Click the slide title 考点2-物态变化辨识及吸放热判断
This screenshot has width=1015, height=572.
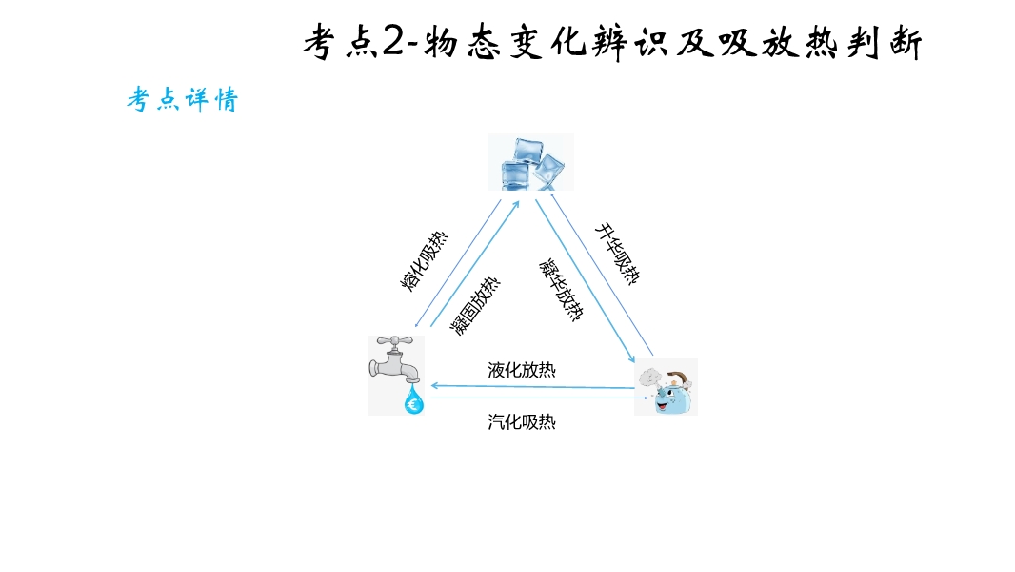click(x=612, y=43)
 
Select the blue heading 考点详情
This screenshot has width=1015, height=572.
click(x=183, y=100)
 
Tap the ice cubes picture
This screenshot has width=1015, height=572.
click(x=530, y=162)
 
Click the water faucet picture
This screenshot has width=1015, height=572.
click(x=396, y=375)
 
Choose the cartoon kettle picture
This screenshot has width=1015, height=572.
click(x=667, y=387)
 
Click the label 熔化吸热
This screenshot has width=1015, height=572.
click(x=424, y=260)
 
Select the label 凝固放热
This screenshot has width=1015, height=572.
click(x=475, y=306)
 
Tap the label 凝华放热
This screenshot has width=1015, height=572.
click(x=561, y=290)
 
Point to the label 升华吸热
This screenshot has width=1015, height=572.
click(x=618, y=254)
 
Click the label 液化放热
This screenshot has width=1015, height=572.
click(x=522, y=370)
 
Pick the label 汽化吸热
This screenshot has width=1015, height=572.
click(x=522, y=421)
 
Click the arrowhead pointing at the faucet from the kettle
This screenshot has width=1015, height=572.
click(x=436, y=386)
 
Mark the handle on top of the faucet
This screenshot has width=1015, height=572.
click(x=395, y=340)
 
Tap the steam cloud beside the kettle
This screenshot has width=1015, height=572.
click(x=649, y=378)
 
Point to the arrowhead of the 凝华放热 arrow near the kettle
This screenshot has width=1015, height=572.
click(x=631, y=357)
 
